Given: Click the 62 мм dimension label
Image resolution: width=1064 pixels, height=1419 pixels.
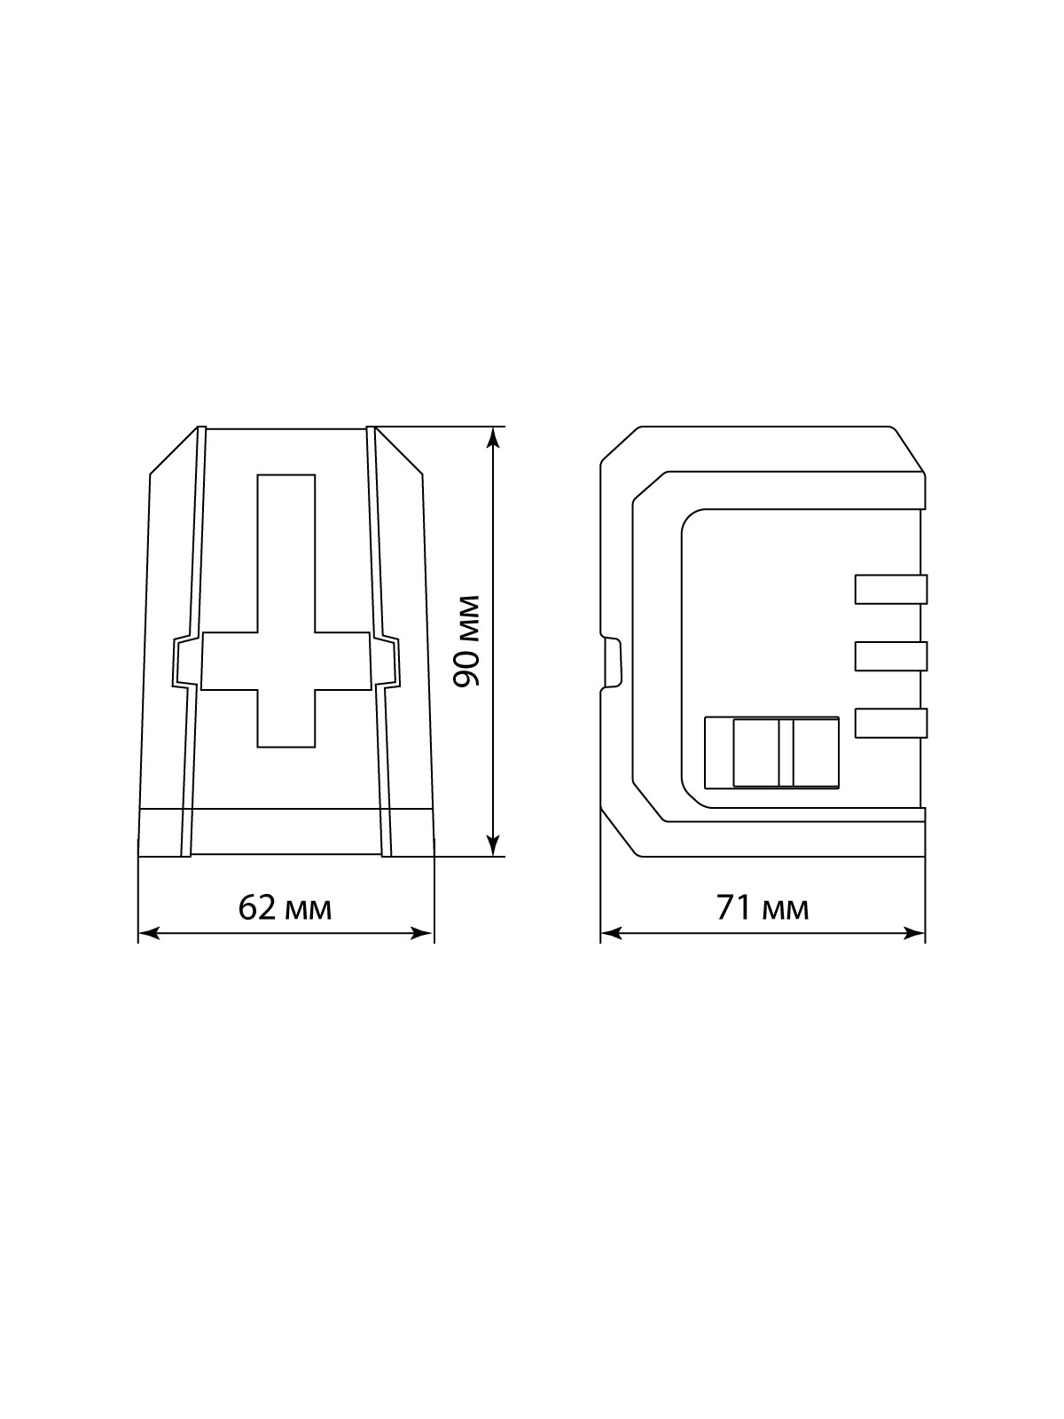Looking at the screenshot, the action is click(x=285, y=908).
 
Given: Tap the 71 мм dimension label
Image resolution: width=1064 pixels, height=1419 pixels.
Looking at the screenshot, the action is click(x=763, y=908).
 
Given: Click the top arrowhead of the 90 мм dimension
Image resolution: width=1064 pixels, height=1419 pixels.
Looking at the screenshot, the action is click(x=493, y=437).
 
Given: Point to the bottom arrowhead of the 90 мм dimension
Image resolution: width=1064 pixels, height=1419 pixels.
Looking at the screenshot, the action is click(x=493, y=845).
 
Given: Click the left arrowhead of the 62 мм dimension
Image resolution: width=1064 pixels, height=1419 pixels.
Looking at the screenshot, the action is click(x=149, y=934).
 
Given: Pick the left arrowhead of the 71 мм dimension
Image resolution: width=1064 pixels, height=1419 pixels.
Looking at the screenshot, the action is click(x=611, y=934).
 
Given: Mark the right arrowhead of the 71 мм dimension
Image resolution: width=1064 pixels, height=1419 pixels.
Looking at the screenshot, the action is click(x=914, y=934).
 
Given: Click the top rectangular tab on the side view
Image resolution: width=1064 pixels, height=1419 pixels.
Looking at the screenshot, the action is click(x=891, y=590).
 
